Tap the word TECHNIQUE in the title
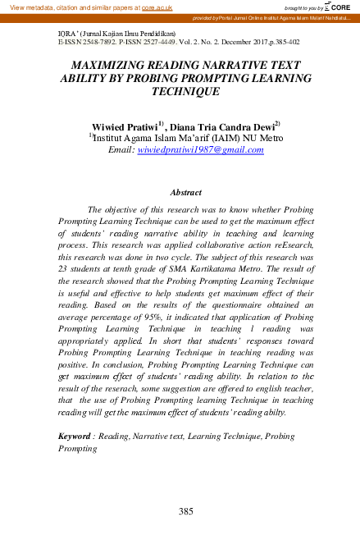coord(180,92)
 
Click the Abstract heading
coord(185,192)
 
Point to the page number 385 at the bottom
coord(185,512)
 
